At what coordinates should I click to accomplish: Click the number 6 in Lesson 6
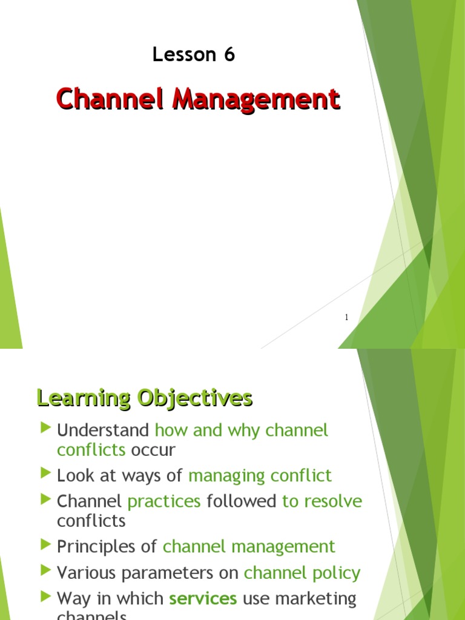click(x=229, y=55)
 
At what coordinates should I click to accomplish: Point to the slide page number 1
click(x=346, y=317)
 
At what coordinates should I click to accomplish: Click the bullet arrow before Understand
click(x=46, y=429)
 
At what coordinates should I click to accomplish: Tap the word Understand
click(x=103, y=430)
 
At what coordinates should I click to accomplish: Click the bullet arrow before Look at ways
click(x=46, y=474)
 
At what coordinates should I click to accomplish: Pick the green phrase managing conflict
click(x=260, y=476)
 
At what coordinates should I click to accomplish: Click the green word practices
click(x=164, y=502)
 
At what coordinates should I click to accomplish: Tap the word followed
click(x=242, y=501)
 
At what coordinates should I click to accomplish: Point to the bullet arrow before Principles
click(x=46, y=546)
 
